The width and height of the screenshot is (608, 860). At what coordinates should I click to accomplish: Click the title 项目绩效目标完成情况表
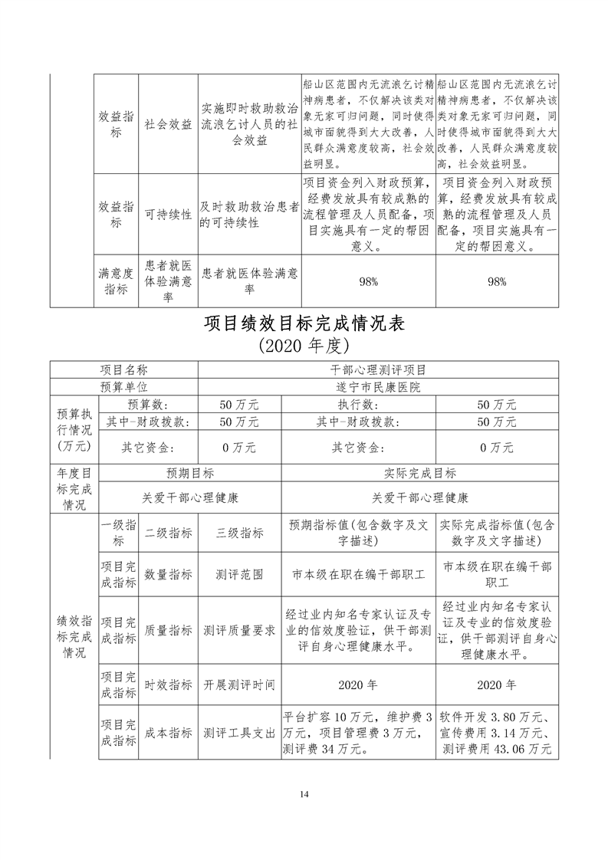pos(304,323)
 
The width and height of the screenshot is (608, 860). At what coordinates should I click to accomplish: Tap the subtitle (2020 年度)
pos(304,345)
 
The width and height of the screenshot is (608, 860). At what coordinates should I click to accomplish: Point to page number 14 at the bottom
pos(304,793)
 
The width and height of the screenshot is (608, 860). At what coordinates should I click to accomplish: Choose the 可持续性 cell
pos(169,215)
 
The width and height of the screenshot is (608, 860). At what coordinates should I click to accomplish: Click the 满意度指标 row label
pos(117,281)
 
